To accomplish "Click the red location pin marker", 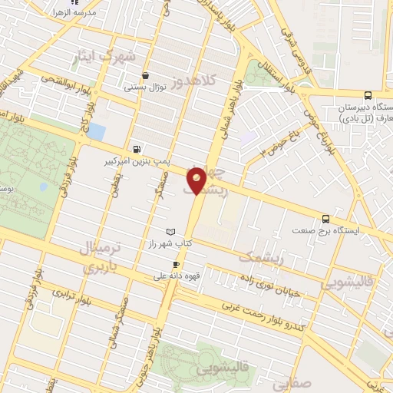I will point(196,180).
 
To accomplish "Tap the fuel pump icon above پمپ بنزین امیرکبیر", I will point(137,149).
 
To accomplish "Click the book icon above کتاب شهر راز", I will point(170,231).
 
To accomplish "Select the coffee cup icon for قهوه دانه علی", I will point(177,264).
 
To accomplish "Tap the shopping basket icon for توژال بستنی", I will point(145,76).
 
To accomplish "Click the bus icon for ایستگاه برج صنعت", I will point(325,219).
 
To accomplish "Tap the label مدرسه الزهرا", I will point(74,14).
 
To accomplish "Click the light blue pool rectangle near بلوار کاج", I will point(96,131).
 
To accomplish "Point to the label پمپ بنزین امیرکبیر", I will point(132,162).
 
